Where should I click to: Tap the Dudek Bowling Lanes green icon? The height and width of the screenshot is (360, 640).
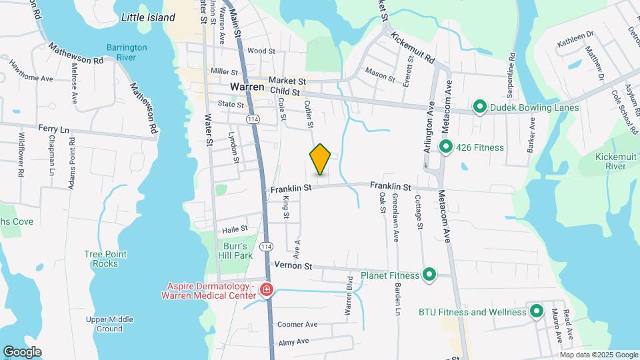[479, 107]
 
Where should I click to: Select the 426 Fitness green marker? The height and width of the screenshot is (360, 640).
[445, 147]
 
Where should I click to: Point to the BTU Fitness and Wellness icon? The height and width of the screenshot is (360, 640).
[536, 311]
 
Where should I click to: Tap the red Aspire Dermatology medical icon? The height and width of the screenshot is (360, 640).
[266, 290]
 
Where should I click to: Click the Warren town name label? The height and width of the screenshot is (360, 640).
[248, 87]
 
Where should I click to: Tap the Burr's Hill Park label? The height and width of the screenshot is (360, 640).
[237, 251]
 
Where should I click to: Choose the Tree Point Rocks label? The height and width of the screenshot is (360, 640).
[101, 259]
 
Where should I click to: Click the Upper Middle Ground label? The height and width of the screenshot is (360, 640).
[100, 324]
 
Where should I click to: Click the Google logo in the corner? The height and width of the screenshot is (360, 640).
[22, 351]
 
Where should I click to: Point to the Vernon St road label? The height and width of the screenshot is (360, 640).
[293, 265]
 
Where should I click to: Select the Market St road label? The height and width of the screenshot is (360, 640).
[287, 80]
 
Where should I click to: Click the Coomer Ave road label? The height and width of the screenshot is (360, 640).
[297, 325]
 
